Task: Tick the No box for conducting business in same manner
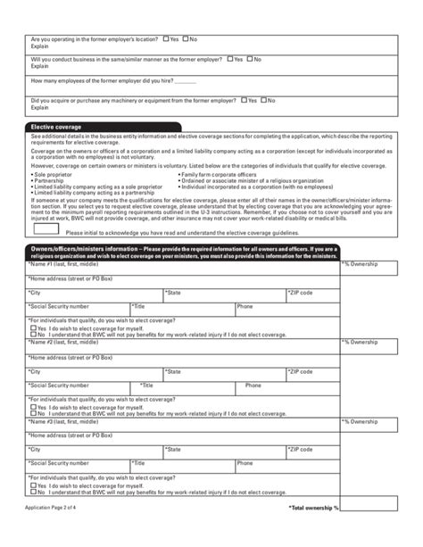pyautogui.click(x=250, y=59)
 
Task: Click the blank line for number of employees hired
pyautogui.click(x=186, y=81)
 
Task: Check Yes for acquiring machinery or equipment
pyautogui.click(x=244, y=101)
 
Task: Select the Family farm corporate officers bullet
pyautogui.click(x=219, y=174)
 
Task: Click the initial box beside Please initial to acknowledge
pyautogui.click(x=46, y=229)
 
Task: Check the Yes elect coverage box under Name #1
pyautogui.click(x=33, y=328)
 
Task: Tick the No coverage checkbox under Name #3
pyautogui.click(x=33, y=491)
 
